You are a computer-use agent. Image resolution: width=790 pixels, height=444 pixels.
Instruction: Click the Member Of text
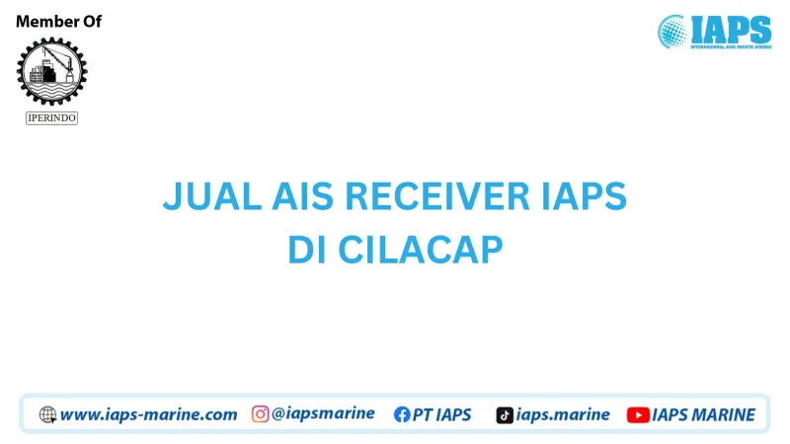[x=59, y=22]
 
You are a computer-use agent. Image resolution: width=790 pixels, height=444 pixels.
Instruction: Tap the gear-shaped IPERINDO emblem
[x=51, y=71]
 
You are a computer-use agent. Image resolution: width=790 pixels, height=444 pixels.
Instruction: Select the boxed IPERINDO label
[x=51, y=118]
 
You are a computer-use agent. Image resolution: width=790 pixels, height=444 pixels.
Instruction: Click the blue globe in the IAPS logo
[x=673, y=32]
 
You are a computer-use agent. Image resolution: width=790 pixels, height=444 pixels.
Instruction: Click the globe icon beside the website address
[x=47, y=414]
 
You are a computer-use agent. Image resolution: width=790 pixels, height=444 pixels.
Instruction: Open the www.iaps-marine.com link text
[x=148, y=414]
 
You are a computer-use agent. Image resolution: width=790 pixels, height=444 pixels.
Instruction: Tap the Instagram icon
[x=261, y=414]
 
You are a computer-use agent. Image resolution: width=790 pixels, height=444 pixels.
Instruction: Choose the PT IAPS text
[x=443, y=414]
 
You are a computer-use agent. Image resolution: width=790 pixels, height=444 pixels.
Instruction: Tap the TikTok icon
[x=505, y=414]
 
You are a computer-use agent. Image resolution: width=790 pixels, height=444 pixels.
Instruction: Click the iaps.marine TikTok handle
[x=563, y=414]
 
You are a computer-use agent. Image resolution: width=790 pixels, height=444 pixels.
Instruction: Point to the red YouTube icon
[x=638, y=414]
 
